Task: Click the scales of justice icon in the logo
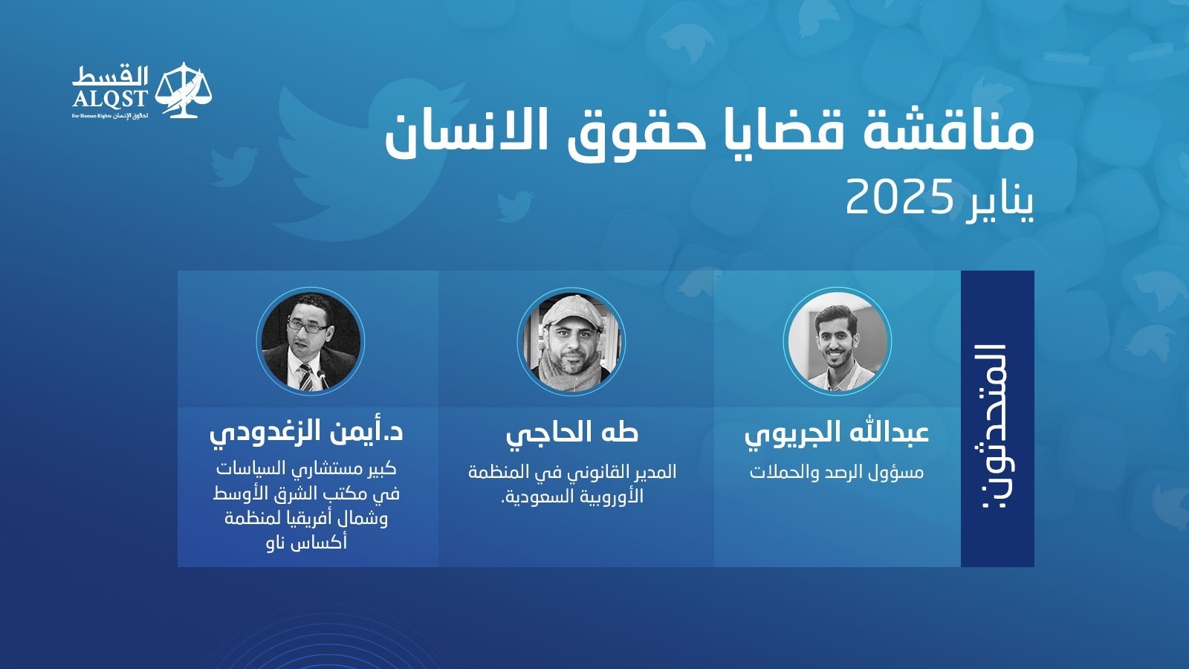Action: click(183, 90)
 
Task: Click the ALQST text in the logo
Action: click(109, 99)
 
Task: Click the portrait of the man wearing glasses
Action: click(311, 341)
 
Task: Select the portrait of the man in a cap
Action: click(571, 341)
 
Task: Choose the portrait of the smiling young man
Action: click(837, 341)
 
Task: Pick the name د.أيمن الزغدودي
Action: click(306, 432)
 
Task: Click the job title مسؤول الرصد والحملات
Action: click(837, 472)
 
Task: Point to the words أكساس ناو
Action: click(307, 543)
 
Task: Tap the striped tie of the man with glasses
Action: click(305, 376)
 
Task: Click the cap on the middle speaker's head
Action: click(572, 310)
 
